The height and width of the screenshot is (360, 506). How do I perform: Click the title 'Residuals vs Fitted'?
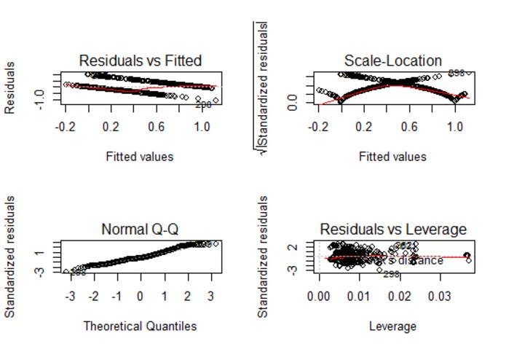[140, 60]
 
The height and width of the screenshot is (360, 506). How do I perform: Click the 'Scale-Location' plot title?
[393, 60]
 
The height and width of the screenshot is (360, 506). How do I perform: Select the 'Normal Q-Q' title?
[140, 230]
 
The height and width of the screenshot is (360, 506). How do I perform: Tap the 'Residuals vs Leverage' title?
[393, 230]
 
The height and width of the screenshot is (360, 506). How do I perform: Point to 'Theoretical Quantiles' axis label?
[140, 325]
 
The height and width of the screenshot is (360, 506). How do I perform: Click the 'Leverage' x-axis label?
[393, 325]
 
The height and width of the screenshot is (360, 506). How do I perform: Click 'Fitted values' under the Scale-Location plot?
[393, 156]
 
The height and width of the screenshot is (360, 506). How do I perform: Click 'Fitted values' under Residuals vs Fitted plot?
[140, 156]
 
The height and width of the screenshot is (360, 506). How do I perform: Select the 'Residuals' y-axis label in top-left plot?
[11, 88]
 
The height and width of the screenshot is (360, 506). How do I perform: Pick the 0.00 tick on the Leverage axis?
[320, 297]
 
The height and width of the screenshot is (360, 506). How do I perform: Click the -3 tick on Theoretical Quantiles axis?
[70, 297]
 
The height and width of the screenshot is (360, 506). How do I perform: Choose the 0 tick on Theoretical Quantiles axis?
[140, 297]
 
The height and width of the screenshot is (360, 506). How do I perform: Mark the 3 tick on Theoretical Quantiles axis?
[211, 297]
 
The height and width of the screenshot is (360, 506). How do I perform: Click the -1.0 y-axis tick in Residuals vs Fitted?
[43, 94]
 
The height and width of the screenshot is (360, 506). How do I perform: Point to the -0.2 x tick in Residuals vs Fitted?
[65, 127]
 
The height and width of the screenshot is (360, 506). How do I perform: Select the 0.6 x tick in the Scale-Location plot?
[410, 127]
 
